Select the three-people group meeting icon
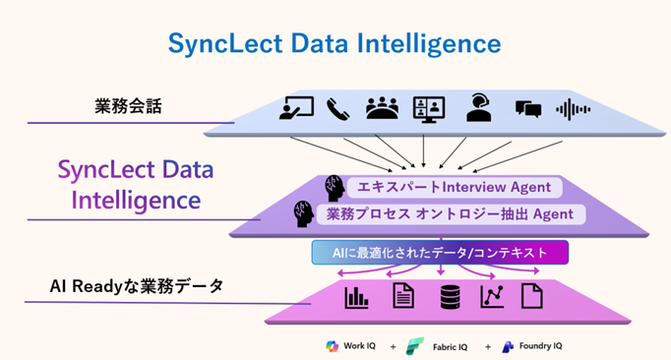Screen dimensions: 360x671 pos(382,107)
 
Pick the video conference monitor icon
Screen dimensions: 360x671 pos(429,107)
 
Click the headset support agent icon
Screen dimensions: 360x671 pos(479,107)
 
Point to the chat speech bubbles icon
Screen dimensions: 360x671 pos(528,108)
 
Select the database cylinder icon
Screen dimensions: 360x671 pos(450,295)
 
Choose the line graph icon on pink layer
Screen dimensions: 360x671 pos(492,295)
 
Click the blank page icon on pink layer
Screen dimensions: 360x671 pos(531,295)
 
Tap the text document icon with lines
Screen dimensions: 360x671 pos(404,295)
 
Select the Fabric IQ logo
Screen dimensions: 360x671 pos(415,346)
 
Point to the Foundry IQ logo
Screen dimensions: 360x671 pos(508,346)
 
